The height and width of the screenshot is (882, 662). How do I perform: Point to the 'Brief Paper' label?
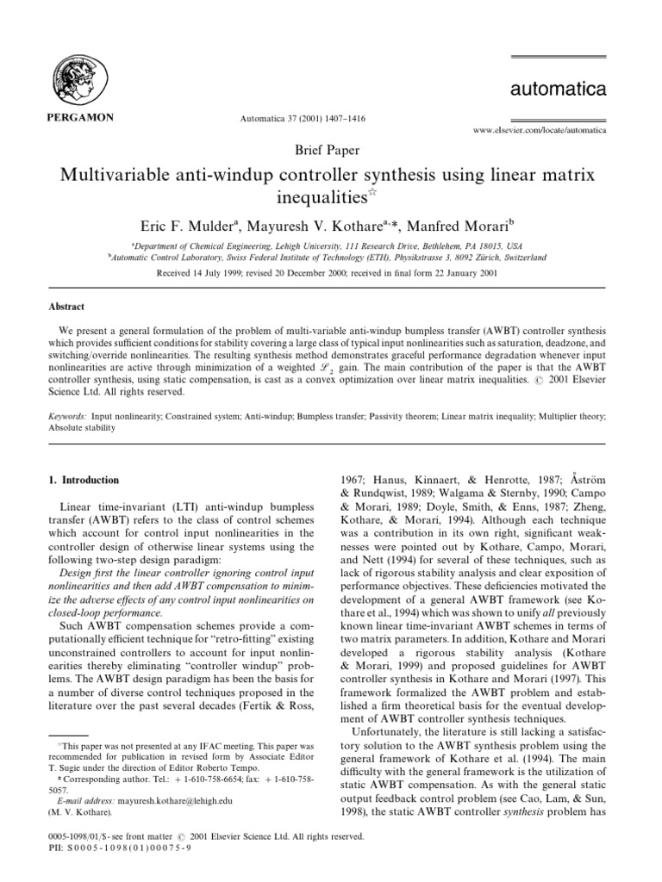331,147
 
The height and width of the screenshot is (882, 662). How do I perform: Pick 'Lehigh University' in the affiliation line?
298,221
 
